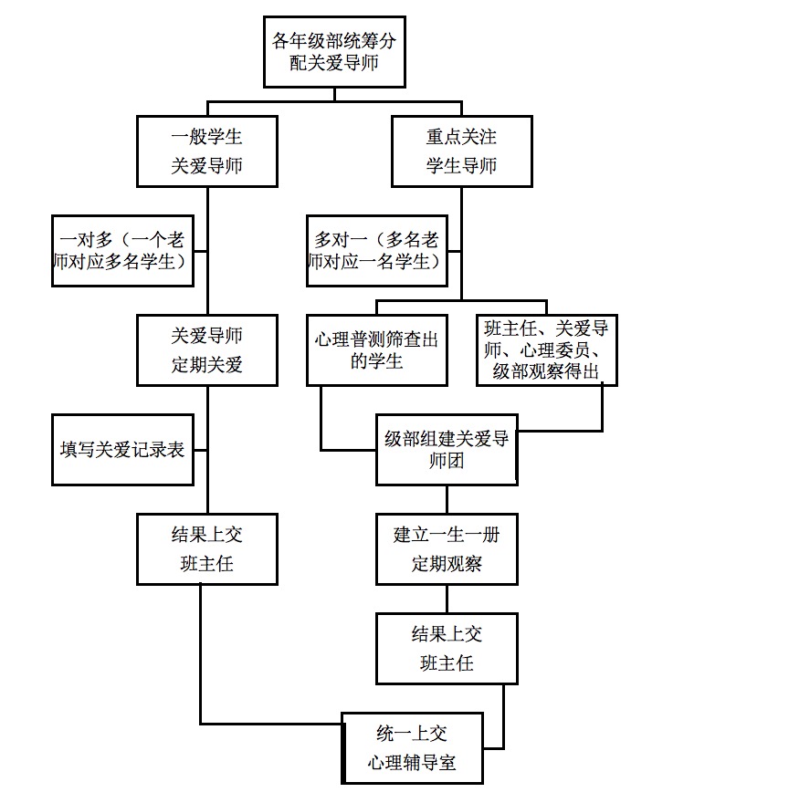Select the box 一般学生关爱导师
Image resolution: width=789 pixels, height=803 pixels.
207,151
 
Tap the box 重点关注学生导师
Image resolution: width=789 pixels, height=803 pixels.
461,151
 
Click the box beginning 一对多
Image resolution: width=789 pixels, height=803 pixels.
122,251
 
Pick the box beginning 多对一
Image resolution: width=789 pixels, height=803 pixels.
377,251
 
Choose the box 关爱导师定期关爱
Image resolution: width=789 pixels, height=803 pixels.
207,350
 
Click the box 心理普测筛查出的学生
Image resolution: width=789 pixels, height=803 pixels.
376,350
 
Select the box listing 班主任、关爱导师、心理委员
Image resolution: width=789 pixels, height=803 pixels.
546,350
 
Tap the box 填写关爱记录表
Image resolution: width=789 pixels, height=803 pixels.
122,450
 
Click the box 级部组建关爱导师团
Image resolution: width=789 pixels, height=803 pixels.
447,450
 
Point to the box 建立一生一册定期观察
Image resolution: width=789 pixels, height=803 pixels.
447,549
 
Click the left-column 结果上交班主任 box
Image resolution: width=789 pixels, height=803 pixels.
207,549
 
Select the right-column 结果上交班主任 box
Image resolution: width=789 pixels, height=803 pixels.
447,649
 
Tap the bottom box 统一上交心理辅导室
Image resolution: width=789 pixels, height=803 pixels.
412,748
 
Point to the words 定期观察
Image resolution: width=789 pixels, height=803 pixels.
447,564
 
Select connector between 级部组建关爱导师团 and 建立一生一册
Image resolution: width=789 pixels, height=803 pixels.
447,499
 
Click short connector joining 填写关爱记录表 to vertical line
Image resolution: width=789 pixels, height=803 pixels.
201,450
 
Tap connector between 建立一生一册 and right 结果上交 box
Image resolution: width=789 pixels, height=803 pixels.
447,599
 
